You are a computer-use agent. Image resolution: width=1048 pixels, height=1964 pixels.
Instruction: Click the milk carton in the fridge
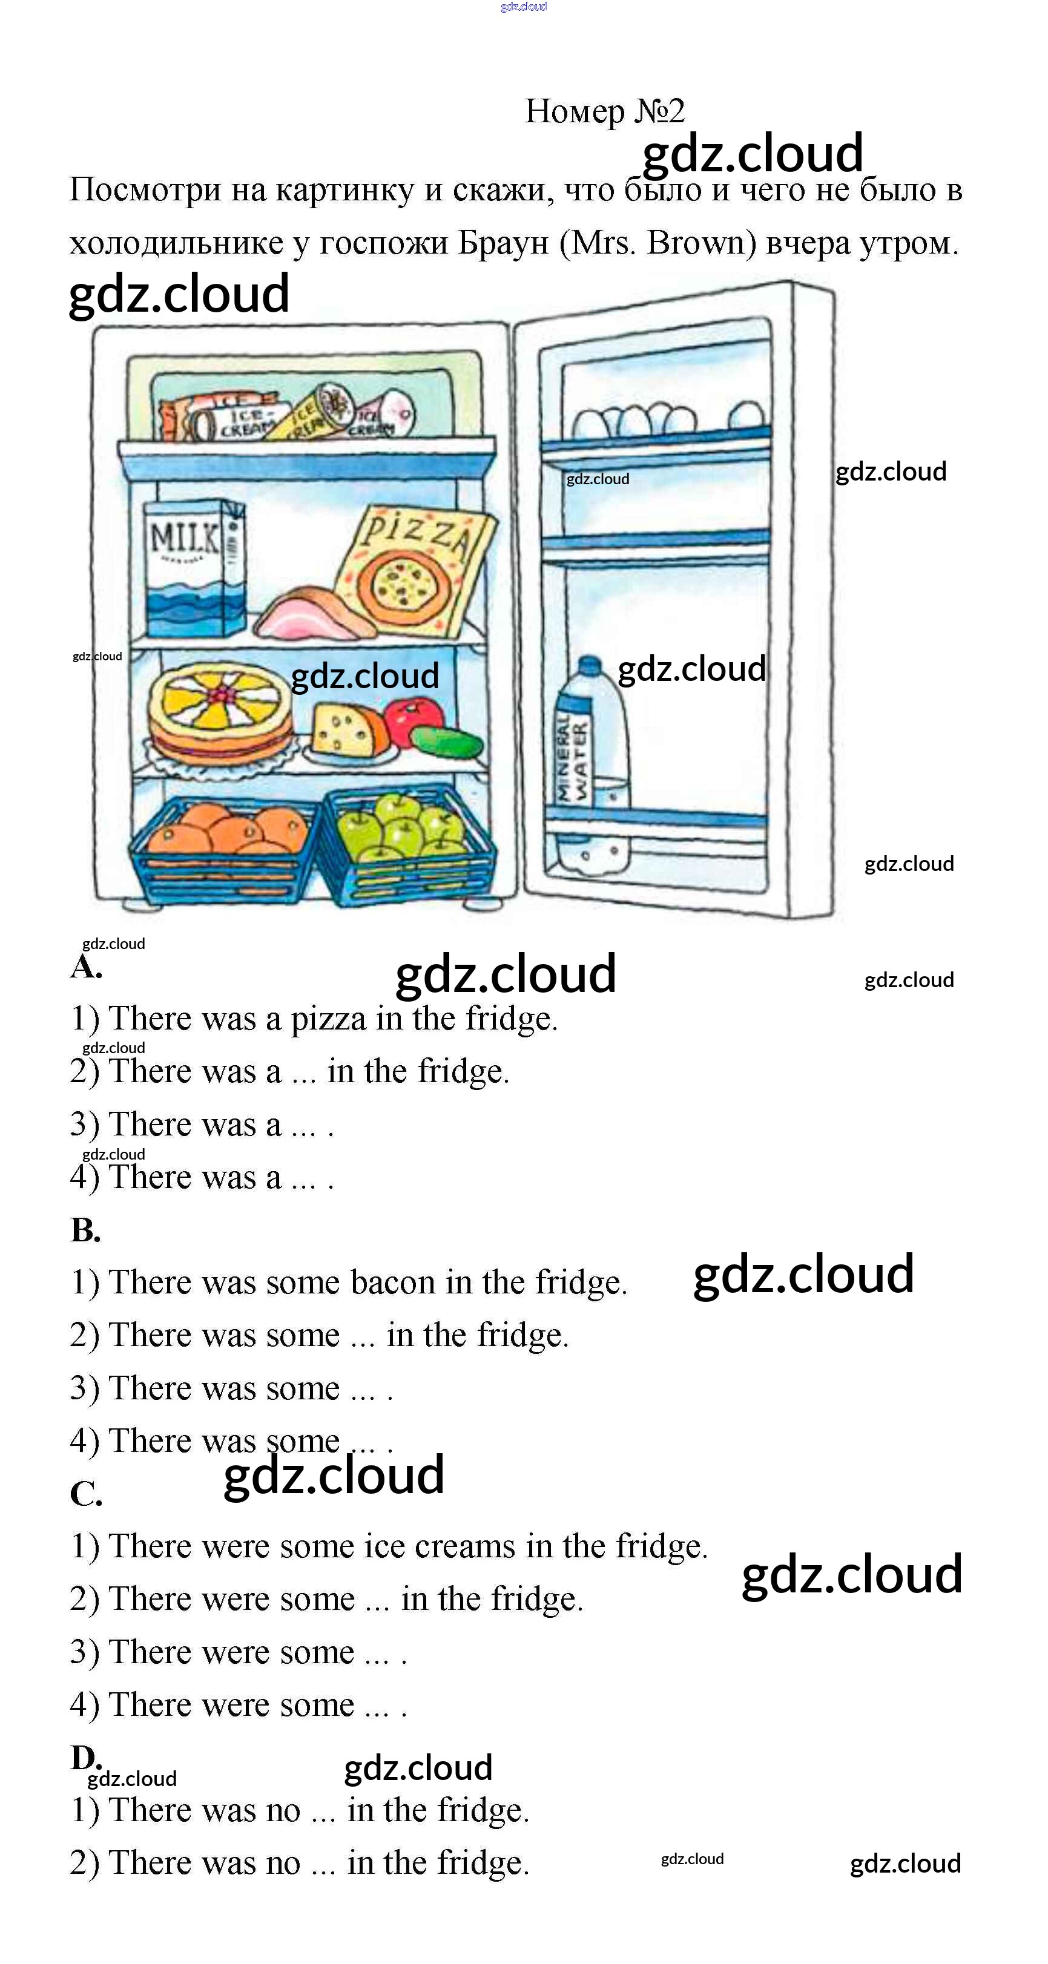tap(194, 568)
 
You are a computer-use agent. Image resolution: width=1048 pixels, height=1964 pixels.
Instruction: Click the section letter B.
tap(85, 1230)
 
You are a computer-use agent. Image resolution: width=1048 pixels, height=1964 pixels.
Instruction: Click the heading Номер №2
tap(604, 111)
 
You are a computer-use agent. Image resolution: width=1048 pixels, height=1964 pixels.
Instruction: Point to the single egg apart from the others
tap(745, 418)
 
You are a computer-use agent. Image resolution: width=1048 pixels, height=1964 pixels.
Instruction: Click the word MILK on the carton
tap(185, 537)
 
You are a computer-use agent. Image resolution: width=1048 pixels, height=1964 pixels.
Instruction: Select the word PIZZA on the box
tap(418, 531)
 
